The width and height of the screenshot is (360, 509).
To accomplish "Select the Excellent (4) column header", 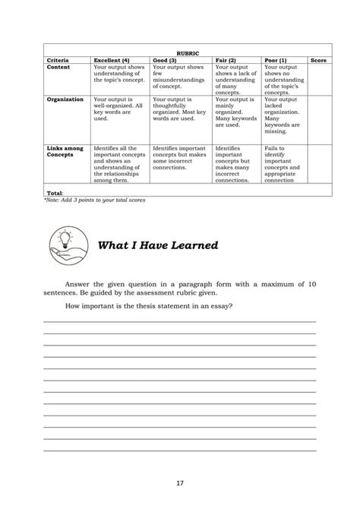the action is pos(112,60).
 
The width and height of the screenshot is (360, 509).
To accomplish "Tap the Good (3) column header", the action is pos(166,60).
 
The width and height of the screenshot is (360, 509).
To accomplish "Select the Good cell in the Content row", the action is pos(180,77).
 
